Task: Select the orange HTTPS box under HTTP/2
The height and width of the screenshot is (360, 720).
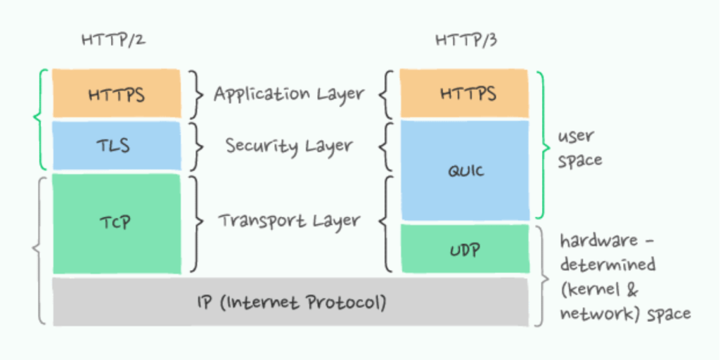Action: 117,94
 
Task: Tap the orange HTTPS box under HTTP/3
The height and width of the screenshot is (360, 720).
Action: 464,94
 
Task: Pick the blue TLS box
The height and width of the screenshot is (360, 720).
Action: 117,146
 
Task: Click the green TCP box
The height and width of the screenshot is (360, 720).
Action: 117,224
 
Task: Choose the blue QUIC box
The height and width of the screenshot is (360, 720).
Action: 464,170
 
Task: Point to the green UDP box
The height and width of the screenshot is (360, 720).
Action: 464,249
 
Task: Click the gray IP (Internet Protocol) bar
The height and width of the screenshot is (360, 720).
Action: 290,302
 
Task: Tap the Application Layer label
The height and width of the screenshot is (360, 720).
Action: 289,94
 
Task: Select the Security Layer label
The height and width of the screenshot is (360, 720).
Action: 289,146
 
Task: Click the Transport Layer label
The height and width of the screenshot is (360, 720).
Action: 289,221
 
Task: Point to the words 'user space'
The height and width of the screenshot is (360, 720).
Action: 579,148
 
